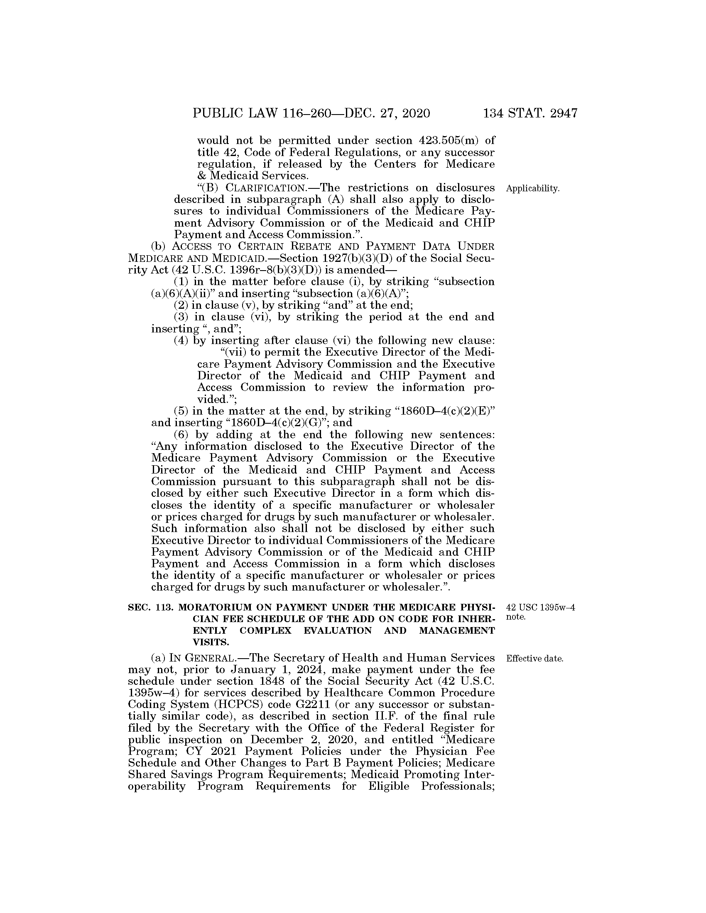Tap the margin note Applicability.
(532, 189)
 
